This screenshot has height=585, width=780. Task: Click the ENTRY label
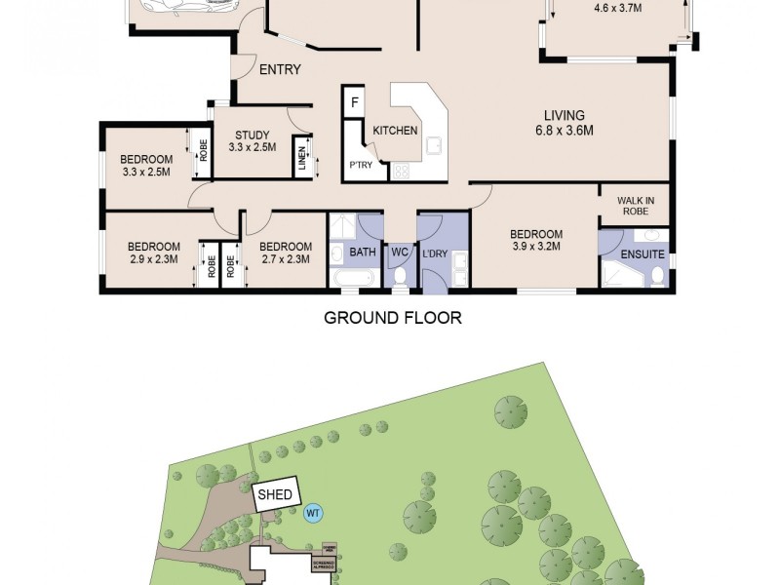click(x=280, y=69)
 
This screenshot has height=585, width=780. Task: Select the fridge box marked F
click(x=354, y=102)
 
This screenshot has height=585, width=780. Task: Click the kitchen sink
click(x=434, y=147)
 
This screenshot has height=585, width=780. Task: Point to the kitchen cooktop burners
click(x=400, y=172)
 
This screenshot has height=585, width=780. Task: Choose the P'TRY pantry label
click(x=363, y=166)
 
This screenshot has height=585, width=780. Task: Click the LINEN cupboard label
click(x=302, y=158)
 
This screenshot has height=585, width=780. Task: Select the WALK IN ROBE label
click(x=634, y=205)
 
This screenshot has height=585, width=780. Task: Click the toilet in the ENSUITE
click(x=657, y=277)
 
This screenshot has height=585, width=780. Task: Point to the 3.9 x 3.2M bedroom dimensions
click(x=535, y=247)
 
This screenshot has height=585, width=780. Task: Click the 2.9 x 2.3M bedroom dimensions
click(x=153, y=259)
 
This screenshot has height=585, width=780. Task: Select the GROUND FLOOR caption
click(x=392, y=318)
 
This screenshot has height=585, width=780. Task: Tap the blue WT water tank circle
click(x=313, y=512)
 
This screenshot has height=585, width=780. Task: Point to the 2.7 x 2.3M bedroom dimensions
click(x=286, y=259)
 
